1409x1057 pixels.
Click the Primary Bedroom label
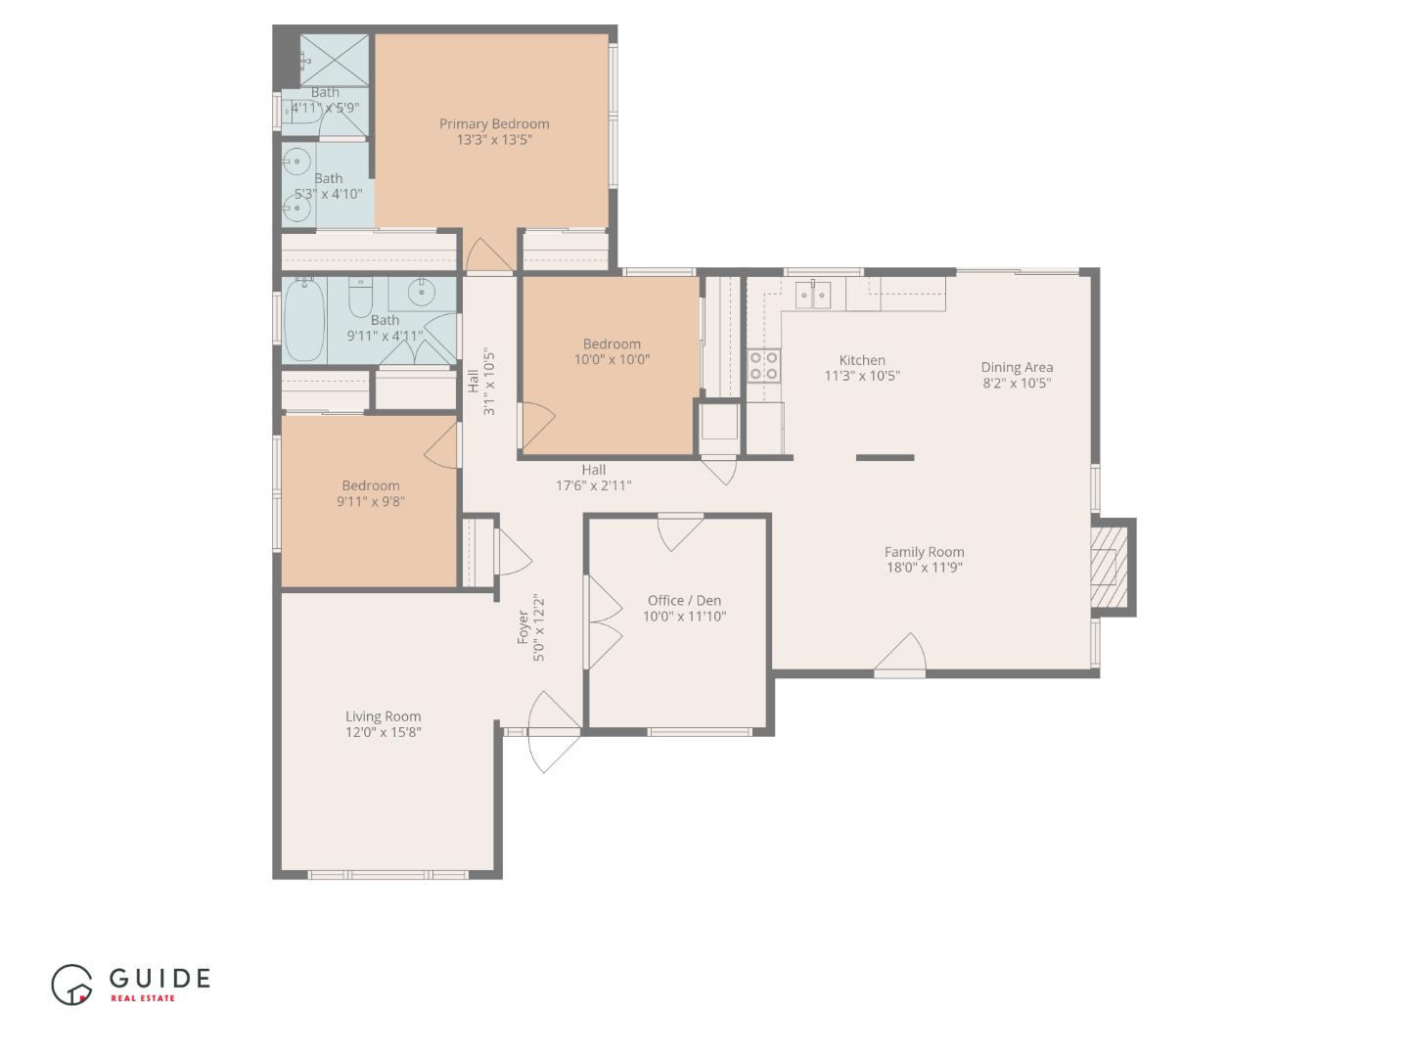pyautogui.click(x=493, y=123)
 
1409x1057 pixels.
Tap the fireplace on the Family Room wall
pyautogui.click(x=1110, y=568)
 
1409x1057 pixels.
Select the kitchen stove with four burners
pyautogui.click(x=763, y=365)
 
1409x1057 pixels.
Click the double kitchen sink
pyautogui.click(x=813, y=293)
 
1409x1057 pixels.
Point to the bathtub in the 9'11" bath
pyautogui.click(x=304, y=320)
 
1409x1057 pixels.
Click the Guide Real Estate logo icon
pyautogui.click(x=71, y=985)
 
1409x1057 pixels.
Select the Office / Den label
pyautogui.click(x=684, y=600)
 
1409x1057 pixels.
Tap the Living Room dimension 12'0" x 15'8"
pyautogui.click(x=383, y=732)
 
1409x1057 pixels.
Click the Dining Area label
pyautogui.click(x=1017, y=367)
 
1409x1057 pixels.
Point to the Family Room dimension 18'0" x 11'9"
pyautogui.click(x=924, y=567)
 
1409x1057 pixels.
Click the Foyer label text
pyautogui.click(x=523, y=626)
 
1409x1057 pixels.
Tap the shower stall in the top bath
pyautogui.click(x=336, y=61)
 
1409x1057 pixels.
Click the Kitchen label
pyautogui.click(x=861, y=360)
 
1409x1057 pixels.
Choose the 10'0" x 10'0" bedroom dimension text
pyautogui.click(x=612, y=359)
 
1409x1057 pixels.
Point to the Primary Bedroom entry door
pyautogui.click(x=488, y=256)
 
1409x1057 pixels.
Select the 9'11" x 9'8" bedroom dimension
pyautogui.click(x=371, y=501)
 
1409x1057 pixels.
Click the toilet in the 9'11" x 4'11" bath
pyautogui.click(x=361, y=295)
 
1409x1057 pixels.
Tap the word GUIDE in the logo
pyautogui.click(x=159, y=978)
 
